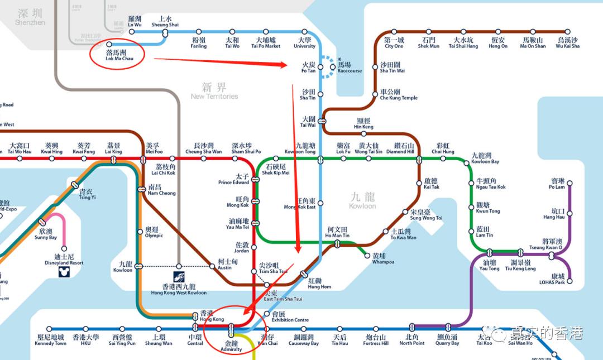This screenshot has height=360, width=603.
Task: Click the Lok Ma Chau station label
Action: click(119, 55)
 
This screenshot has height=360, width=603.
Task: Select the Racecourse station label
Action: click(350, 68)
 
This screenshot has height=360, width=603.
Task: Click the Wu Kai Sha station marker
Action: click(567, 32)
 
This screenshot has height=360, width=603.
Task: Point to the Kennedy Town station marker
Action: click(50, 329)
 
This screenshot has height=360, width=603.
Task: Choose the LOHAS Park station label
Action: click(557, 279)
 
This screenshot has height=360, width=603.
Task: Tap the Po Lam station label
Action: click(557, 184)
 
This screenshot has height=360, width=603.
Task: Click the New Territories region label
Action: click(214, 91)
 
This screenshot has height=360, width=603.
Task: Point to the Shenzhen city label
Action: click(30, 17)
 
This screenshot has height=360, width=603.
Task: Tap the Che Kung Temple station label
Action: click(398, 94)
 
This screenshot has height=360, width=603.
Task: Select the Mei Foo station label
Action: click(154, 148)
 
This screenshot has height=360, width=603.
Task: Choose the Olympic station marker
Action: click(140, 231)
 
